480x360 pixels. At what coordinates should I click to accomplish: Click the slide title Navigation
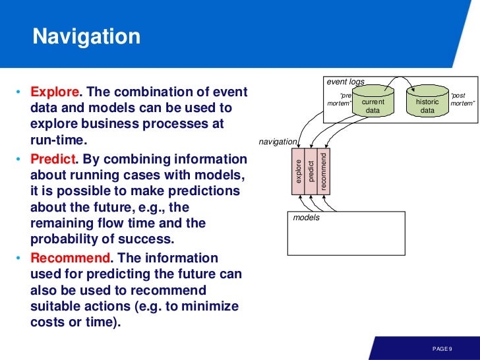tap(86, 36)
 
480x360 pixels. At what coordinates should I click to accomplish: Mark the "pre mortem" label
tap(340, 100)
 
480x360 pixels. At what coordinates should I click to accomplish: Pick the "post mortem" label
tap(462, 100)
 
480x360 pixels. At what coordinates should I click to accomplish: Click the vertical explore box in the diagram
tap(299, 171)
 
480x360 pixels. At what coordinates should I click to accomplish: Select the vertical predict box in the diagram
tap(311, 171)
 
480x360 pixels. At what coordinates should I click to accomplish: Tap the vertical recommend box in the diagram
tap(322, 171)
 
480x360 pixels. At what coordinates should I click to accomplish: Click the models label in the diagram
tap(306, 217)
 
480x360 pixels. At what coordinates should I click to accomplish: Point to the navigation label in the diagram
tap(278, 141)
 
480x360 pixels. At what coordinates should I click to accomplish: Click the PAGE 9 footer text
tap(442, 348)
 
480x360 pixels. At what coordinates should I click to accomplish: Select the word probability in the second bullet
tap(63, 239)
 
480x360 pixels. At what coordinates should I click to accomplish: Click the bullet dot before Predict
tap(19, 160)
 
